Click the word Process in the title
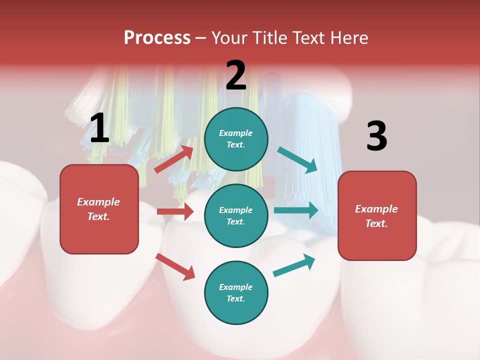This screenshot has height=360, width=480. (157, 38)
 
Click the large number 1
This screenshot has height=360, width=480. (99, 128)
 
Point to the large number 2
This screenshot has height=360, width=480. (236, 75)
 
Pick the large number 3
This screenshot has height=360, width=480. (376, 136)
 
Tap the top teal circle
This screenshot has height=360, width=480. (236, 139)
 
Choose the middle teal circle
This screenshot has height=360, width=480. (236, 215)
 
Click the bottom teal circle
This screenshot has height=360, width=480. (236, 292)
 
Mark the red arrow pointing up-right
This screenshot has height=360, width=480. (174, 159)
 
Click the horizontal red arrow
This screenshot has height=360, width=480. (175, 211)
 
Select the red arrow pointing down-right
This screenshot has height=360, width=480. (175, 266)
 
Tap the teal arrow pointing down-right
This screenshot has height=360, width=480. (297, 160)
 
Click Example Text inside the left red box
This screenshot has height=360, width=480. (98, 209)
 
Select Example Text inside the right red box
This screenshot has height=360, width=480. (376, 216)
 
